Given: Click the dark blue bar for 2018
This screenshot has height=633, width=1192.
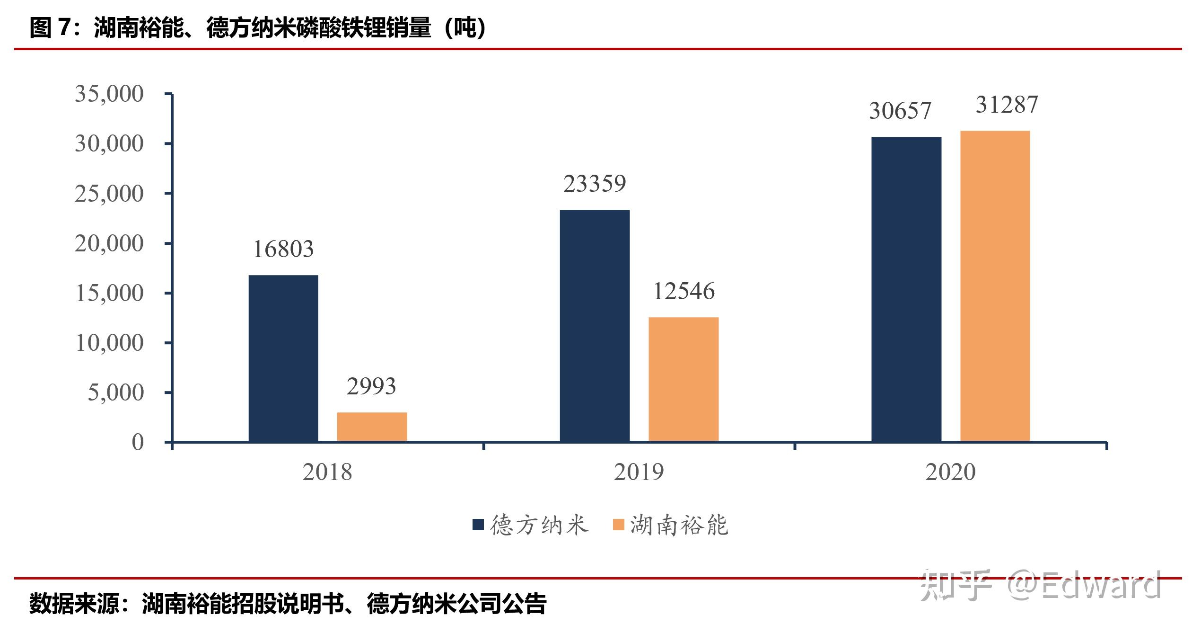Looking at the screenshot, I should tap(283, 358).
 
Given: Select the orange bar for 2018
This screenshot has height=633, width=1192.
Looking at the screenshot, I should tap(372, 427).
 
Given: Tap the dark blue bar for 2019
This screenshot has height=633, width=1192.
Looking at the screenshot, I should tap(595, 326).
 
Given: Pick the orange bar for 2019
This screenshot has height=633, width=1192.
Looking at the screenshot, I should tap(684, 379).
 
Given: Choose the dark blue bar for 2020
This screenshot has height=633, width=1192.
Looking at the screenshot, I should tap(906, 289).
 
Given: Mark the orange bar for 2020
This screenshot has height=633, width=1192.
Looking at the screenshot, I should tap(995, 286).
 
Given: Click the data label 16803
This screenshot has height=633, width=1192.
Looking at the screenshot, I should tap(283, 250).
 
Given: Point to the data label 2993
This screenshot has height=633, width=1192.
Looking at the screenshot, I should tap(371, 386).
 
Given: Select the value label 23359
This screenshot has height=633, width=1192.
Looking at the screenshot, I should tap(595, 184).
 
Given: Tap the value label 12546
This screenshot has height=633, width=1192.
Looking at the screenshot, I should tap(684, 291).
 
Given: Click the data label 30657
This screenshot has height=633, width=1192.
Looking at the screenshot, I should tap(900, 111).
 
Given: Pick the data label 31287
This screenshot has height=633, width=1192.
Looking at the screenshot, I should tap(1007, 105).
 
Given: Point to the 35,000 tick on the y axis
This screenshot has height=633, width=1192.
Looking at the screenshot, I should tap(109, 94).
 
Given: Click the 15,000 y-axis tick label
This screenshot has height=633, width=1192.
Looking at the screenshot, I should tap(109, 293).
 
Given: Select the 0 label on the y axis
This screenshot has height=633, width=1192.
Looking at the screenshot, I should tap(138, 442).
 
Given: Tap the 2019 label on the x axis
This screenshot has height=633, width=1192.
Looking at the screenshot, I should tap(639, 472).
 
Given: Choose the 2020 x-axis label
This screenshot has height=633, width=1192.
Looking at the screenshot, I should tap(950, 472).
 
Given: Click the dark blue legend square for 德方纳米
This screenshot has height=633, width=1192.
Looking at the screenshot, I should tap(478, 525).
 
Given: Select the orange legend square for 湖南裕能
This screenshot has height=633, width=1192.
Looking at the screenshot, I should tap(618, 525).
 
